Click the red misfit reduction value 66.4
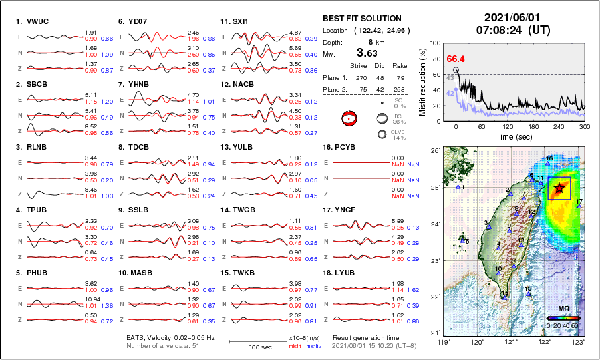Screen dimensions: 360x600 click(x=455, y=59)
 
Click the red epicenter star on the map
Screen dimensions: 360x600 click(x=559, y=188)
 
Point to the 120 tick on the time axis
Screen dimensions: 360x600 click(x=508, y=126)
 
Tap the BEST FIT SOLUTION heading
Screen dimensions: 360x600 click(x=362, y=18)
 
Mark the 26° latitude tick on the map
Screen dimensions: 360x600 click(x=434, y=151)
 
